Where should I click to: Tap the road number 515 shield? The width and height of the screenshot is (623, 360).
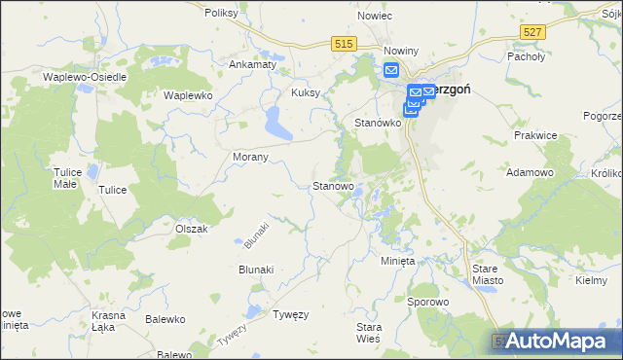click(x=343, y=44)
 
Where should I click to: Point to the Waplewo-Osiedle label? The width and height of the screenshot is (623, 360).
click(x=81, y=75)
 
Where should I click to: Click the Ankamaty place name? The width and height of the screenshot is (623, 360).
click(x=249, y=65)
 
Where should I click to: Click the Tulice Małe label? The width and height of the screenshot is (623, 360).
click(x=66, y=177)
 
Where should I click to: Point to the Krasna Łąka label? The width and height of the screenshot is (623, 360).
click(x=109, y=322)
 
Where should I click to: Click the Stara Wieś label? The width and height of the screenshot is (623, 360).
click(x=369, y=333)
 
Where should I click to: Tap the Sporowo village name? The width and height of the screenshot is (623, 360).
click(x=428, y=303)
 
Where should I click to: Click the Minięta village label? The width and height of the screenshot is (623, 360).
click(x=396, y=262)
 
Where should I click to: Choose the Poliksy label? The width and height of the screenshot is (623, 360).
click(x=223, y=14)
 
